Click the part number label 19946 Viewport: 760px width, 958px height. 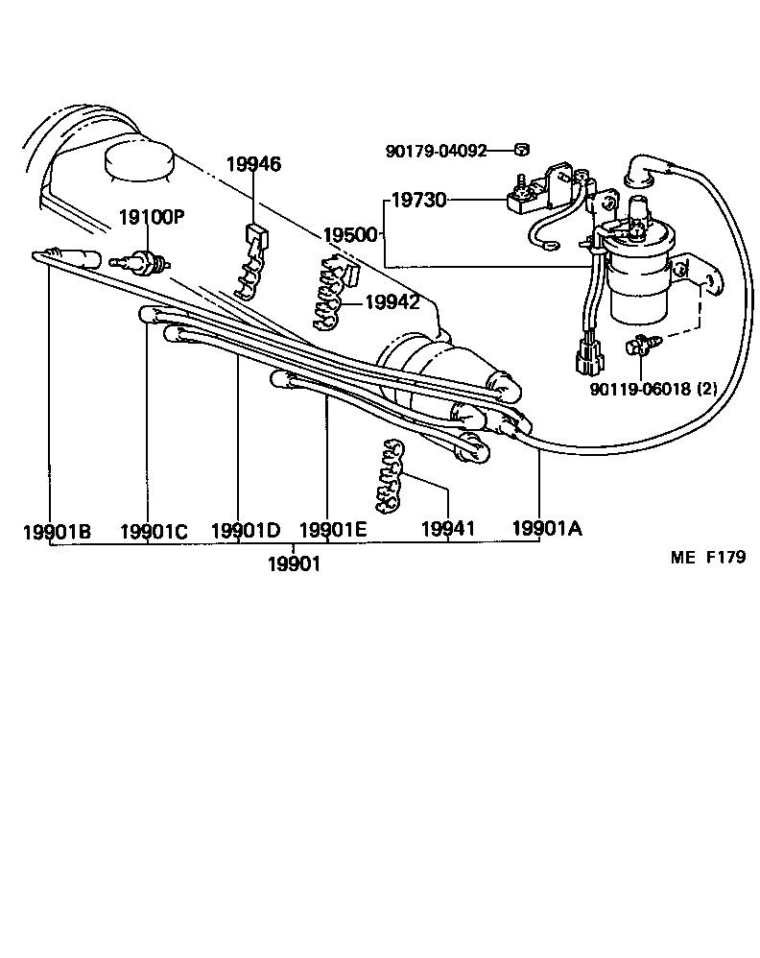tap(253, 164)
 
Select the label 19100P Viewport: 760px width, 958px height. tap(151, 217)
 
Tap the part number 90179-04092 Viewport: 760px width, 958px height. tap(437, 151)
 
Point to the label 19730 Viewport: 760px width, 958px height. tap(419, 200)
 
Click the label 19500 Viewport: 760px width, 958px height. tap(350, 234)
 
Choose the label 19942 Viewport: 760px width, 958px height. tap(392, 302)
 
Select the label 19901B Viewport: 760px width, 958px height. tap(57, 530)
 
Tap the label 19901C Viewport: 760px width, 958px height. tap(154, 530)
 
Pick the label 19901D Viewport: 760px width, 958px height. tap(245, 530)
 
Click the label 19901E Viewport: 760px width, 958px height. tap(332, 530)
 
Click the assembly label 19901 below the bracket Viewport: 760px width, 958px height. tap(294, 563)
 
